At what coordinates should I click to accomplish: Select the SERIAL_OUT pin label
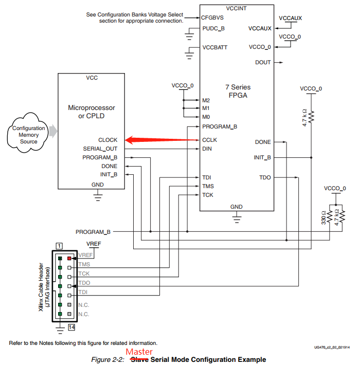pos(100,149)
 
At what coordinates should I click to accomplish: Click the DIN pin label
pos(207,149)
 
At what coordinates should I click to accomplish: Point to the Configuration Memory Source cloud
pos(28,134)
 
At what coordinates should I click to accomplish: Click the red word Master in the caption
pos(139,352)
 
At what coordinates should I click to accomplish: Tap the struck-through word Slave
pos(140,359)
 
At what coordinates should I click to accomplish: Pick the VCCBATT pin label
pos(215,47)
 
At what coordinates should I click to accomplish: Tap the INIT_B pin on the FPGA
pos(262,157)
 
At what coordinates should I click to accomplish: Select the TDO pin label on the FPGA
pos(265,177)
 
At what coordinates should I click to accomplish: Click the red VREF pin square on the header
pos(69,258)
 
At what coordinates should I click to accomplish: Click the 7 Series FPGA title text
pos(237,91)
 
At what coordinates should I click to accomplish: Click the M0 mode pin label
pos(206,117)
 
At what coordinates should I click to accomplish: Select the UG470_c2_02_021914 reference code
pos(332,348)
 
